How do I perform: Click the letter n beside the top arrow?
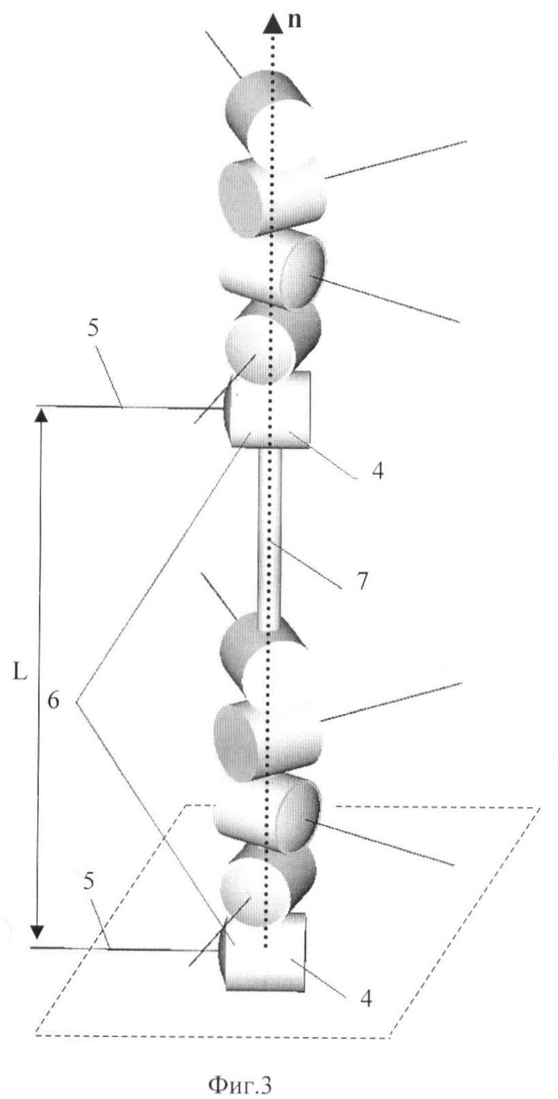point(294,20)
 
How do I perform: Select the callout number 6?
point(54,700)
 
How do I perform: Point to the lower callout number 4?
point(366,999)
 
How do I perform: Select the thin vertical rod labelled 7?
point(269,538)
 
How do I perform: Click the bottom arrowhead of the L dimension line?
point(39,931)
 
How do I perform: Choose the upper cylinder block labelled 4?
point(269,409)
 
